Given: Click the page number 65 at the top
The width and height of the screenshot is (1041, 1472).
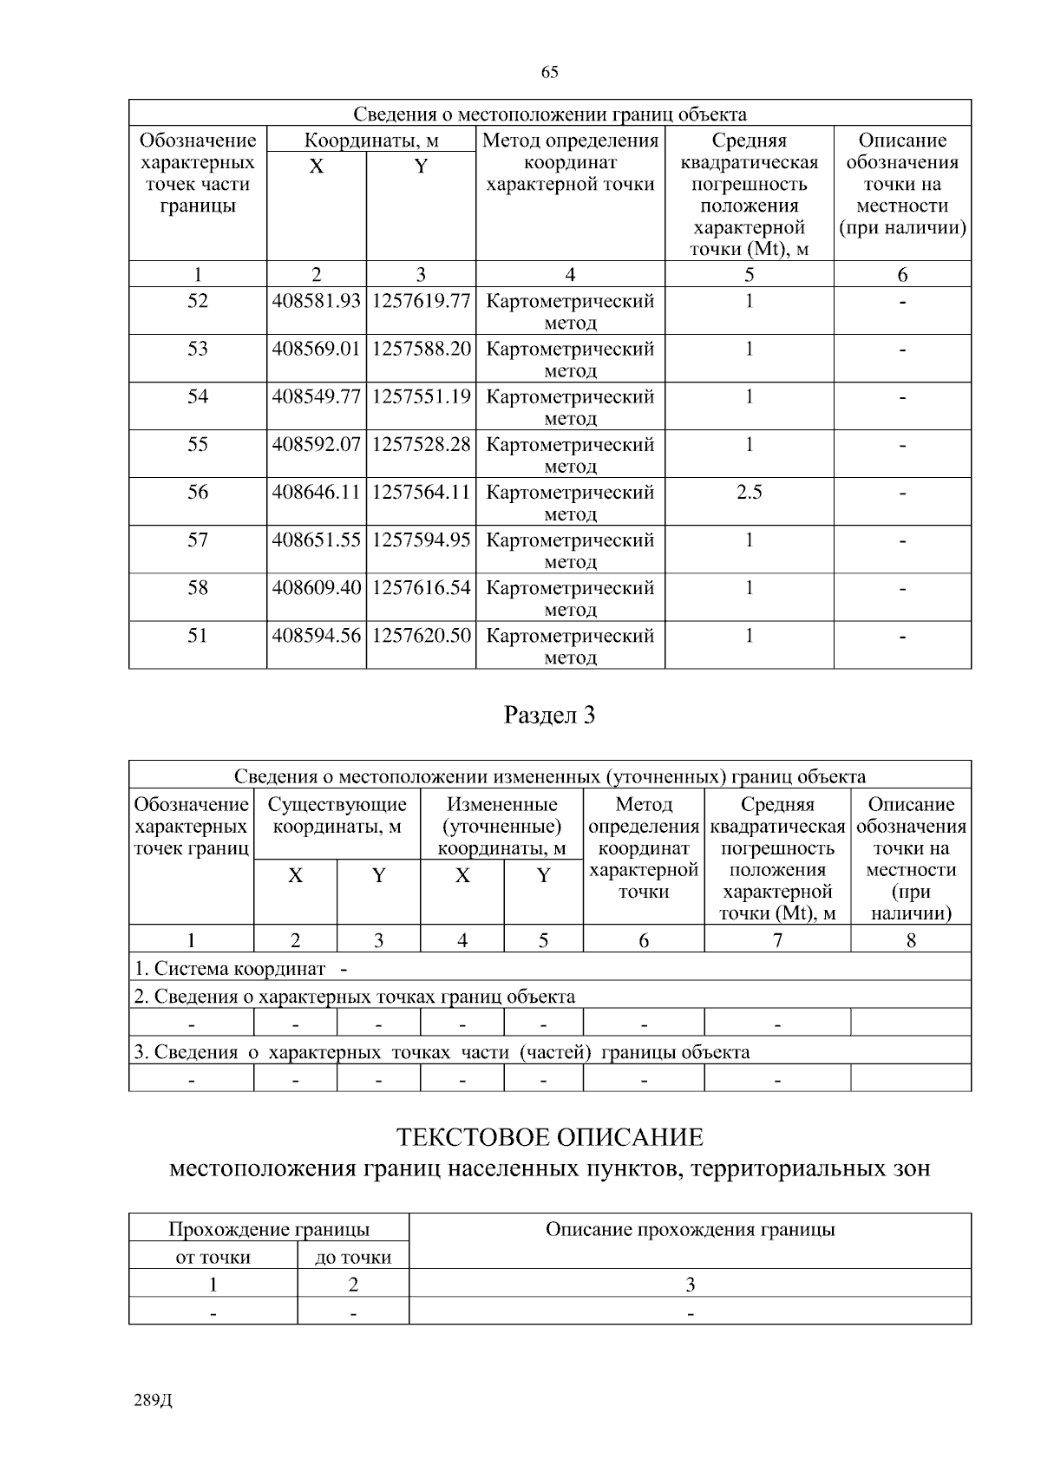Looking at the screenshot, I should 549,72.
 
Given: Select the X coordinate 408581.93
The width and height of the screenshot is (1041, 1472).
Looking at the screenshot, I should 316,302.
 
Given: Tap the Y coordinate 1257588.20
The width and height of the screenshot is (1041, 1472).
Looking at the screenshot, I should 421,350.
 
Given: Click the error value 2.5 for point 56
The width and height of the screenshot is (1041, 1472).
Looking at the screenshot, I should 749,493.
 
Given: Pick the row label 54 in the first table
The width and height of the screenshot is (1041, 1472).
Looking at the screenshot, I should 198,397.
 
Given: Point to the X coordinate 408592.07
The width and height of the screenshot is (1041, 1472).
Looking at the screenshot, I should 316,445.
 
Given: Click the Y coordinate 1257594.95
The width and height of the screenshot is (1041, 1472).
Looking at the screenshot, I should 421,540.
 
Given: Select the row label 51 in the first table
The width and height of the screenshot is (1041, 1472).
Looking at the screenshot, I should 198,636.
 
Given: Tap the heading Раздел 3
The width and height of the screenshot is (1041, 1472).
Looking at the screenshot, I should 549,716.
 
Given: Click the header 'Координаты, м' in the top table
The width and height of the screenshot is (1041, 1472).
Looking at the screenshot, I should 370,141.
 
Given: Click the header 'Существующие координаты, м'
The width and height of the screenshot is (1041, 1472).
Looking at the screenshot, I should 337,815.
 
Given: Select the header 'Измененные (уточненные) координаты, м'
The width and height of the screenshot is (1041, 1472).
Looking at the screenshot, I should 501,827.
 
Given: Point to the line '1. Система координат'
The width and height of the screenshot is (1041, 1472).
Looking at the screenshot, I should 230,969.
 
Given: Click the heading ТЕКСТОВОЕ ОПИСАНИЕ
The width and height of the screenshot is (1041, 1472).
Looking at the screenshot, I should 549,1137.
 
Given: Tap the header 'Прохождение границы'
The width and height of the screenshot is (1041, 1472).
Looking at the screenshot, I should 268,1229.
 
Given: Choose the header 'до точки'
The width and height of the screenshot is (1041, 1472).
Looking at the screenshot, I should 352,1257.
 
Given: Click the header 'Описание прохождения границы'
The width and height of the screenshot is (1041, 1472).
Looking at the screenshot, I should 690,1229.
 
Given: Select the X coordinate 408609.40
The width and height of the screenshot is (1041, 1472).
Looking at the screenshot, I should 316,588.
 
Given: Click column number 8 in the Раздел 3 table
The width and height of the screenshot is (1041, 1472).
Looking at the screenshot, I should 910,940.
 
